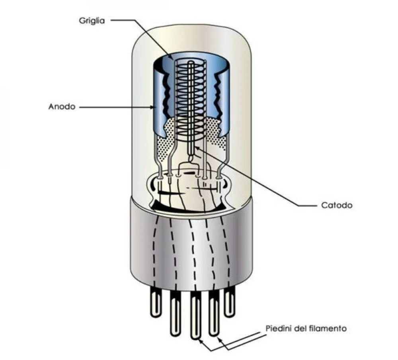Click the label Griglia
(92, 21)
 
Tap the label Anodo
(62, 107)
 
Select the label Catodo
(336, 205)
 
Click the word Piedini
(277, 329)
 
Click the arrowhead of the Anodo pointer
(153, 107)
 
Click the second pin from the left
(175, 312)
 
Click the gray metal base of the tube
(191, 247)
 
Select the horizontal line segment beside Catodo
(308, 205)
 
